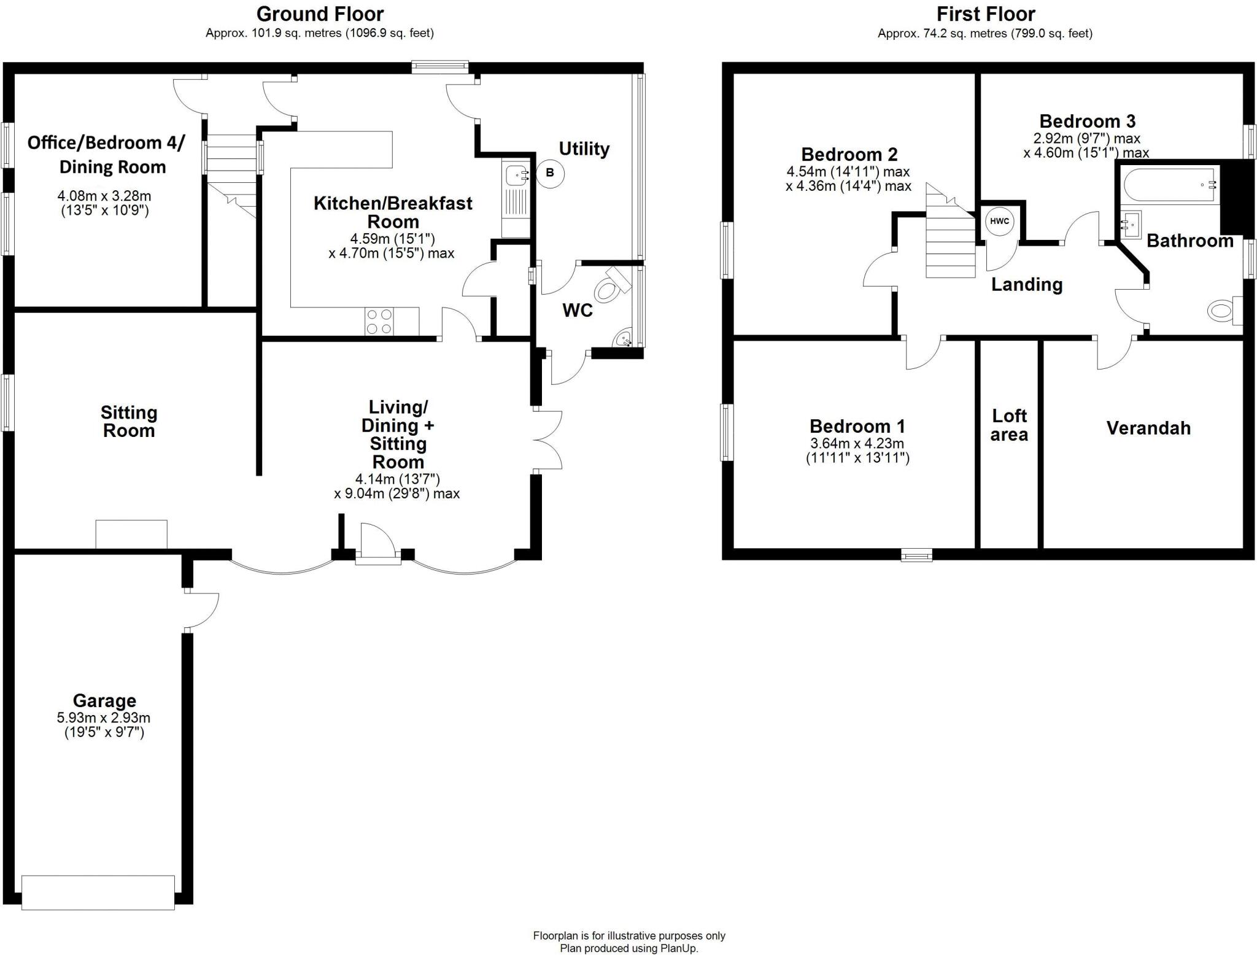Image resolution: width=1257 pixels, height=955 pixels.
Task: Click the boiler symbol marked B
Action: [x=549, y=173]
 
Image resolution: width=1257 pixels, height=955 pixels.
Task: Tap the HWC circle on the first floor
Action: [x=999, y=222]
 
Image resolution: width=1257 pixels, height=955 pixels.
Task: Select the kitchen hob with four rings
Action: [x=379, y=322]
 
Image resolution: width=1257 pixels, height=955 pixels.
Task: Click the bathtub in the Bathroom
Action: [x=1169, y=185]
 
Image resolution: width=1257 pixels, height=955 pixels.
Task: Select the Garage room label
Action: [x=104, y=700]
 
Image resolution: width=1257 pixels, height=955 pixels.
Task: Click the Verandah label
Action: [x=1148, y=428]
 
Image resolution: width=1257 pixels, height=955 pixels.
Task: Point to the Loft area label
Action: [x=1009, y=425]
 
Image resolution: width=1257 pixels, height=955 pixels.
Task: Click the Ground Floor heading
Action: [x=320, y=14]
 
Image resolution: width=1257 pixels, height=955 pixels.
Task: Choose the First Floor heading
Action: [x=985, y=14]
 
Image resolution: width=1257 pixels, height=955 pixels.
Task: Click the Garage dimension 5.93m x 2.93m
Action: [x=104, y=717]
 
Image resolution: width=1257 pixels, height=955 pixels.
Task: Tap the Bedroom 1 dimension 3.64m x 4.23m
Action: [x=857, y=443]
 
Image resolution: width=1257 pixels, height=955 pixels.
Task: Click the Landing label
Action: [x=1027, y=284]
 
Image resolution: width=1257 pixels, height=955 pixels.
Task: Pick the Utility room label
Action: [x=584, y=149]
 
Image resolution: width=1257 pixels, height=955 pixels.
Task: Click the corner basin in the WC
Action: [x=625, y=339]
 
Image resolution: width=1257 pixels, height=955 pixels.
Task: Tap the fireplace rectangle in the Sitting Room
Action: [x=131, y=534]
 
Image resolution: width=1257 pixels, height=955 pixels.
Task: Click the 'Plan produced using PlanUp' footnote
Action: [x=628, y=948]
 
